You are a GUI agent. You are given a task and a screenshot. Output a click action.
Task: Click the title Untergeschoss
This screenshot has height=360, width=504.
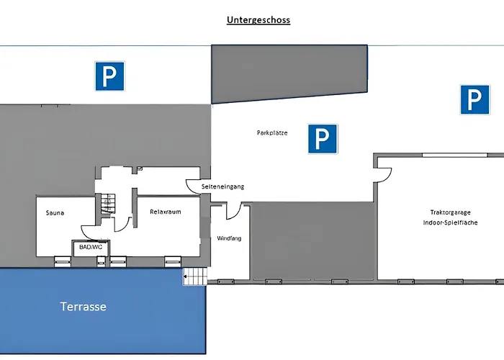(258, 20)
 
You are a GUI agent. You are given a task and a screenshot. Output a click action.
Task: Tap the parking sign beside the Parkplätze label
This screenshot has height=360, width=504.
(323, 138)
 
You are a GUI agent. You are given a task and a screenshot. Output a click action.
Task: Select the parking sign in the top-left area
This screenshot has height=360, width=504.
(110, 76)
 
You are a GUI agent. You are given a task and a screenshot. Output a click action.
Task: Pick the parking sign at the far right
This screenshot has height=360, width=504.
(474, 99)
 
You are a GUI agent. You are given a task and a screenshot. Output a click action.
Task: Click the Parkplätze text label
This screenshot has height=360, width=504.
(272, 132)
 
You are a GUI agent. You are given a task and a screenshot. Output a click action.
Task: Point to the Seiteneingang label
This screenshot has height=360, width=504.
(223, 186)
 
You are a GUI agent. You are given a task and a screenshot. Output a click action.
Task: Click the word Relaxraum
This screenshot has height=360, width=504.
(165, 212)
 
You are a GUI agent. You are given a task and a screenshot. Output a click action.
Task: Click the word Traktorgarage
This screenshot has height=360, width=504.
(451, 212)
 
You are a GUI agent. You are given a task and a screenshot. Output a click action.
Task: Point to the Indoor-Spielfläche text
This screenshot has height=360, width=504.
(451, 223)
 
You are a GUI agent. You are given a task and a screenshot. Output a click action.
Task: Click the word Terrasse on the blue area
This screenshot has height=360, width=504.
(83, 307)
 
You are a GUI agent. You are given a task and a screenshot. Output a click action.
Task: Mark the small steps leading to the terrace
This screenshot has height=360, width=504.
(194, 276)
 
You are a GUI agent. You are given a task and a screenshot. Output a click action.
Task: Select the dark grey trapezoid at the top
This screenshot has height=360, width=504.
(288, 73)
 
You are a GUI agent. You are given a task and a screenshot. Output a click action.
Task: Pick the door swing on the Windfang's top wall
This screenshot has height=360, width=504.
(233, 210)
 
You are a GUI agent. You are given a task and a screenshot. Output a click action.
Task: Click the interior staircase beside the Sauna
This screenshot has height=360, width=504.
(107, 204)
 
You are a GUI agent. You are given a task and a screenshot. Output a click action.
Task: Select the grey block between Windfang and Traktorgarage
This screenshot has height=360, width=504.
(311, 240)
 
